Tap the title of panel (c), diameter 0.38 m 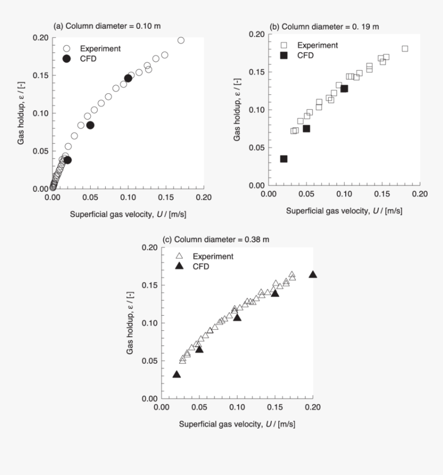pos(216,240)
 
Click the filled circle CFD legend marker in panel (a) pos(66,58)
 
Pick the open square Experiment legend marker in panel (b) pos(283,45)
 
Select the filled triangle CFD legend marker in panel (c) pos(179,266)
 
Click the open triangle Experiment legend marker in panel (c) pos(179,256)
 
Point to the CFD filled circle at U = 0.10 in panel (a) pos(128,78)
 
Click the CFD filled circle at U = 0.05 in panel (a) pos(90,125)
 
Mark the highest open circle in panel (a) pos(181,40)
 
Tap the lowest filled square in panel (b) pos(283,159)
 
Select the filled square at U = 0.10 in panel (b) pos(344,89)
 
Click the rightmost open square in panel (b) pos(405,48)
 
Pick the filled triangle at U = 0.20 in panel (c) pos(313,275)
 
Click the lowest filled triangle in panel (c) pos(177,375)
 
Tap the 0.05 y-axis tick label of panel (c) pos(148,361)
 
